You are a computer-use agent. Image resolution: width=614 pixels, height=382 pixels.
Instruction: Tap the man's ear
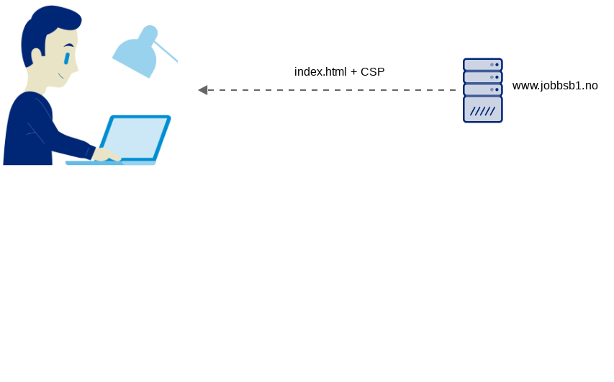pyautogui.click(x=37, y=56)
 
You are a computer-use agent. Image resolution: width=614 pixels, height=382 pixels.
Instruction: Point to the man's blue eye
pyautogui.click(x=67, y=58)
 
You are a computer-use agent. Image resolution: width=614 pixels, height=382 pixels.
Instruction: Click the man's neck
pyautogui.click(x=36, y=83)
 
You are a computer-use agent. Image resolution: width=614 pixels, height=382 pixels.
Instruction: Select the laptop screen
pyautogui.click(x=135, y=138)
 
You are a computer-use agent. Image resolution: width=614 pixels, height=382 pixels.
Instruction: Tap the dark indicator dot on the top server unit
pyautogui.click(x=497, y=65)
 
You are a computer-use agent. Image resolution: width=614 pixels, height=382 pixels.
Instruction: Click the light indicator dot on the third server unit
pyautogui.click(x=492, y=89)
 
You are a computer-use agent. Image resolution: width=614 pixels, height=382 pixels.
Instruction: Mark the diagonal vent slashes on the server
pyautogui.click(x=482, y=111)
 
